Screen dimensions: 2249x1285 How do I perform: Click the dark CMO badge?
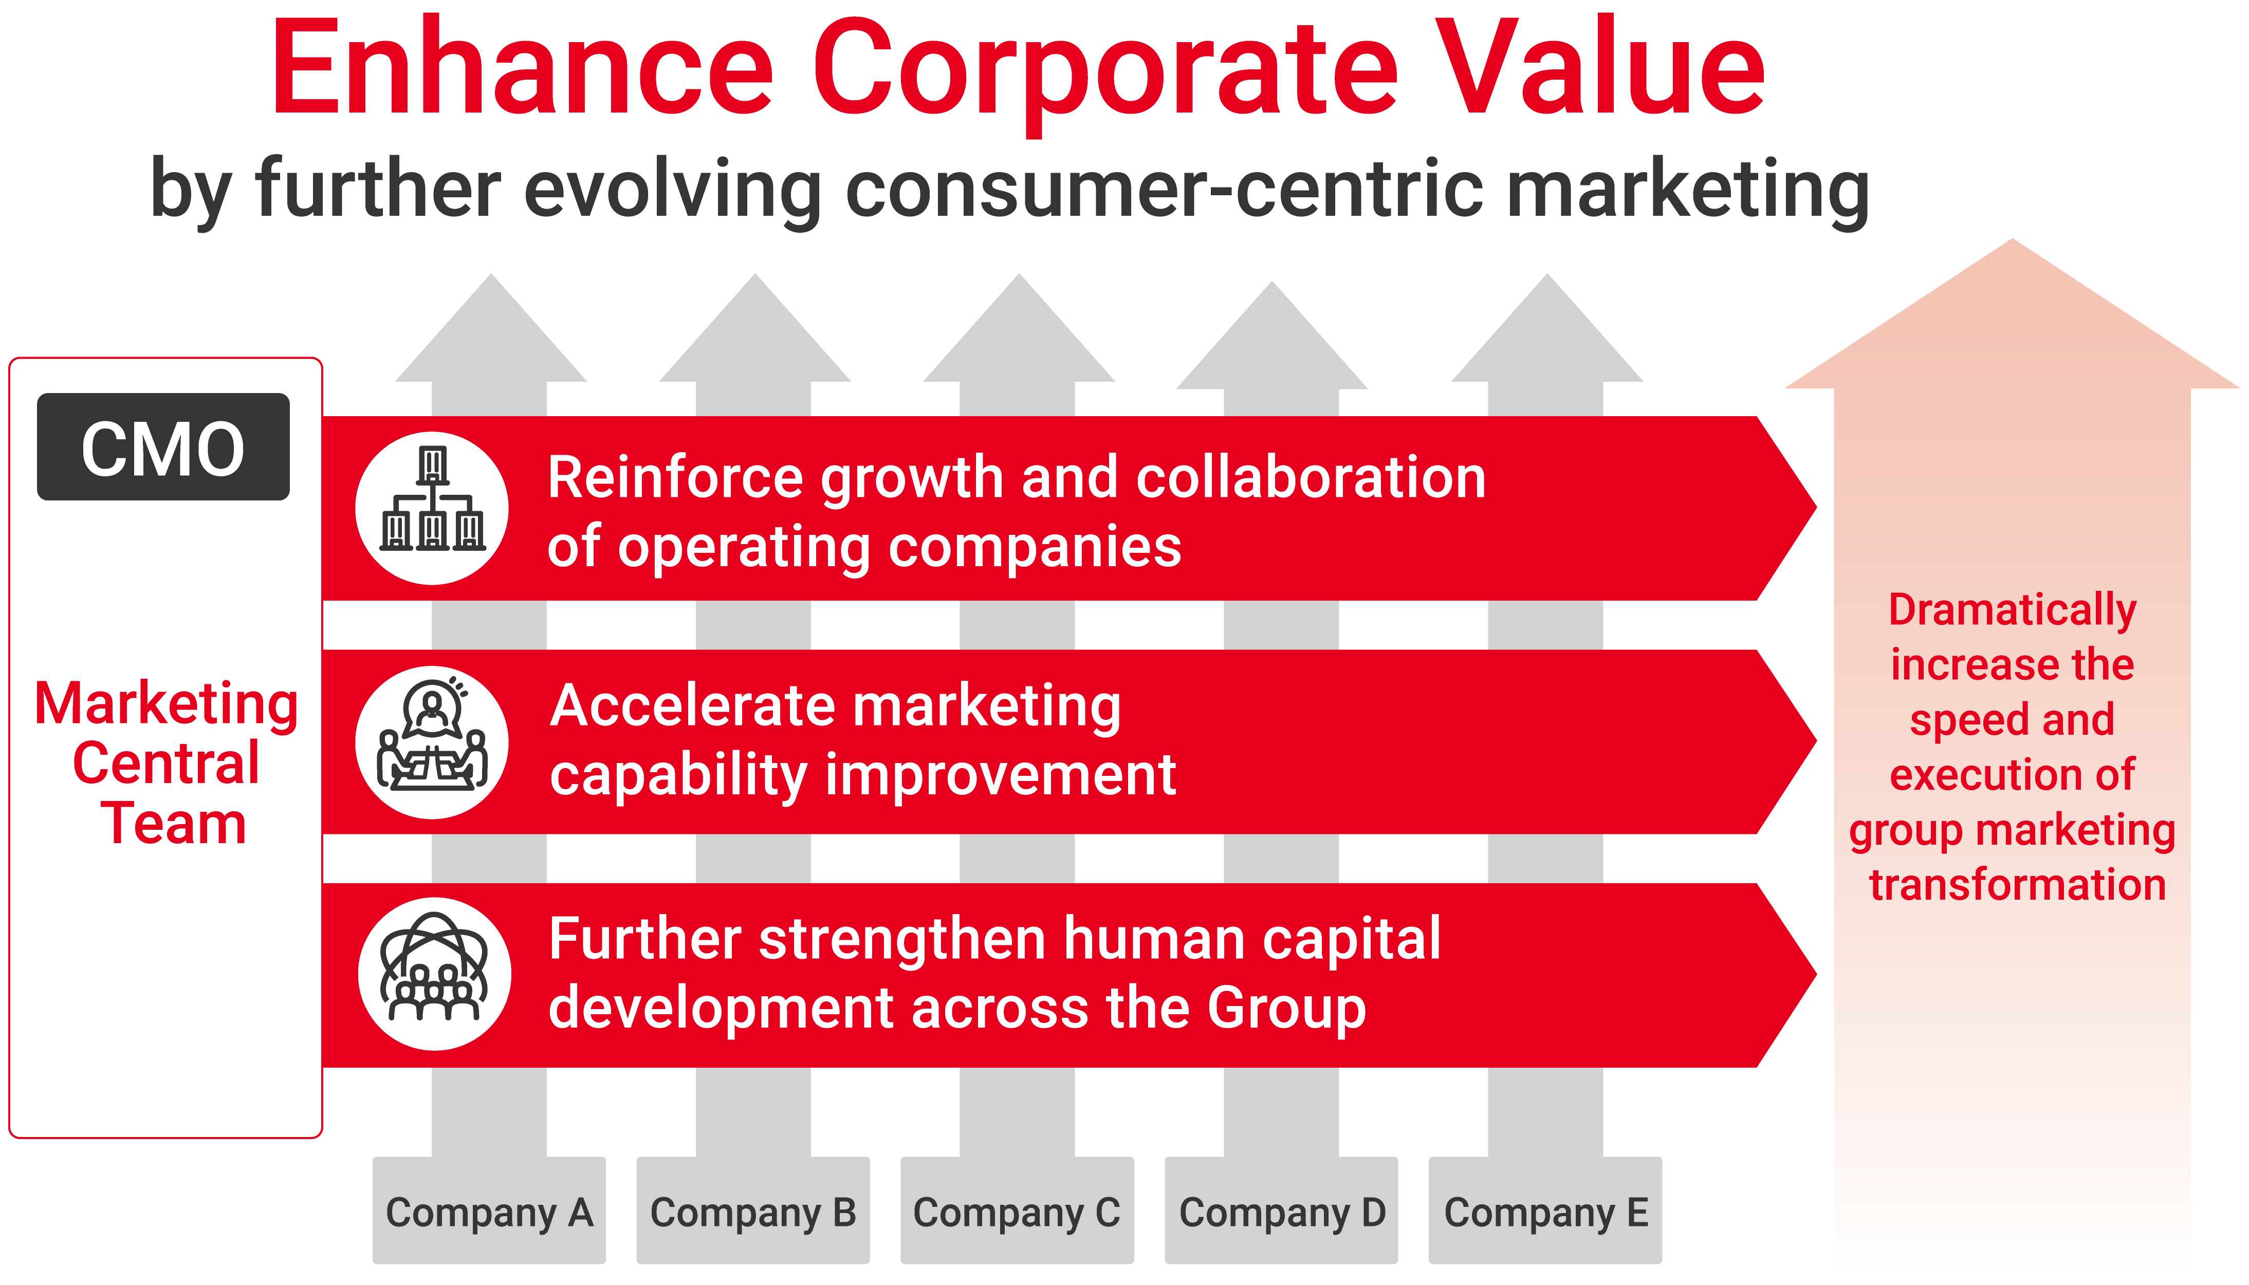[x=163, y=446]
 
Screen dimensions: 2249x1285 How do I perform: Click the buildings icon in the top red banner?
[x=433, y=499]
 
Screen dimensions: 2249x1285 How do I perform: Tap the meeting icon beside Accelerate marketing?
[x=433, y=733]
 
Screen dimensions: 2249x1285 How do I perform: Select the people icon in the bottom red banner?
[x=433, y=967]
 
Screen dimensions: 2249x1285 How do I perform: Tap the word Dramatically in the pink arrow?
[x=2013, y=610]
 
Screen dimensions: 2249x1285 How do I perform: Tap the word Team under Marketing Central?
[x=173, y=824]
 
